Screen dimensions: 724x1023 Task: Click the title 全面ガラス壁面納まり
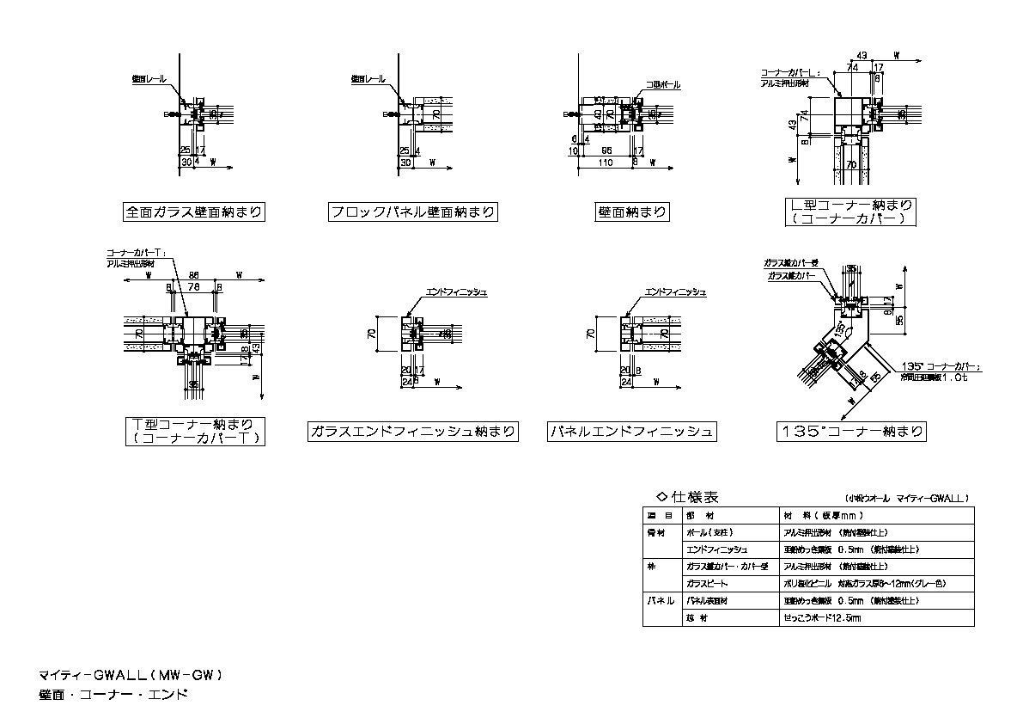click(x=192, y=212)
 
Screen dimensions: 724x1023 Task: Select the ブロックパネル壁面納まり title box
click(x=413, y=212)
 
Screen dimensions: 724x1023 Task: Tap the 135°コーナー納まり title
click(x=850, y=431)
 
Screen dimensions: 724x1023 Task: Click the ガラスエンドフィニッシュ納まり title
click(x=412, y=432)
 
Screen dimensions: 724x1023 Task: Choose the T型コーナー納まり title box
click(x=193, y=431)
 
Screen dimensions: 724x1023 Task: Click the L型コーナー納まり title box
click(x=850, y=212)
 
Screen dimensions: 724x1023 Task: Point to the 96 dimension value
click(x=606, y=150)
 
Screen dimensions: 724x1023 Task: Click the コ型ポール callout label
click(x=663, y=85)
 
